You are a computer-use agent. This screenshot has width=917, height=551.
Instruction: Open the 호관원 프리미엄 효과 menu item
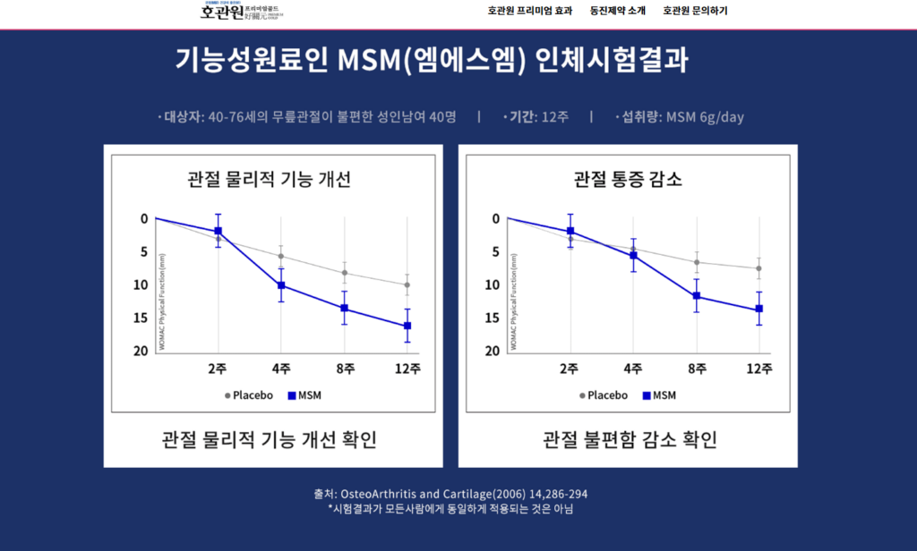point(529,11)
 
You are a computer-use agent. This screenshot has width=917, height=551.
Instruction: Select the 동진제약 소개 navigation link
point(617,11)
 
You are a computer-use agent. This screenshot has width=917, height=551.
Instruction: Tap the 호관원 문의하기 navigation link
point(695,11)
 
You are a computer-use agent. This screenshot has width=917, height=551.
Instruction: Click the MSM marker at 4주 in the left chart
point(281,285)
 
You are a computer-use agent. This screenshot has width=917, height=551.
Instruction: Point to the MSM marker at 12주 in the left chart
point(407,326)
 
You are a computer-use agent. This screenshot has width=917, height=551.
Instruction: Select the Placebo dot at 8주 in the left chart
point(345,273)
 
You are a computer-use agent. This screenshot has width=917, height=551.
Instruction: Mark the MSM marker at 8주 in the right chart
point(696,296)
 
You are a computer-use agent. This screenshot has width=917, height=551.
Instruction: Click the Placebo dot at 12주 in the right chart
point(758,268)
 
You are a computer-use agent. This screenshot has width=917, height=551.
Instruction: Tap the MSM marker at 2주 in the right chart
point(570,231)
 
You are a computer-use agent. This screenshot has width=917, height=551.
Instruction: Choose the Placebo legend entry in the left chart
point(249,394)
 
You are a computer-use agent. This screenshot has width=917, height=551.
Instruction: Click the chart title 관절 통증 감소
point(628,179)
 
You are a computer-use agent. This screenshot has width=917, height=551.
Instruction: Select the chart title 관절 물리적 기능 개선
point(269,179)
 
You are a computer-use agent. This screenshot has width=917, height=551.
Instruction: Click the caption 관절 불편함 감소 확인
point(630,440)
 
